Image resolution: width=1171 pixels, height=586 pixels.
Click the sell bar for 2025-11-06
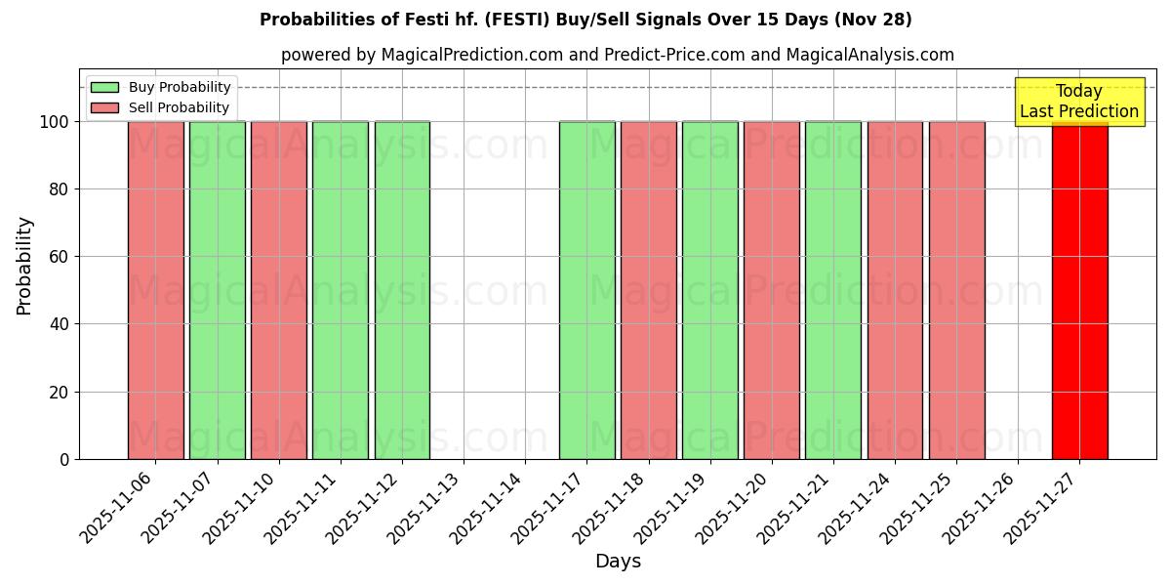click(x=156, y=290)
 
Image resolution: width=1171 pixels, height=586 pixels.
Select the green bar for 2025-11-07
click(x=218, y=290)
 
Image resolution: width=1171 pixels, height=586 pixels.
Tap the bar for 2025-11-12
click(x=402, y=290)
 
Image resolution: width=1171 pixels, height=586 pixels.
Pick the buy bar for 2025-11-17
click(x=586, y=290)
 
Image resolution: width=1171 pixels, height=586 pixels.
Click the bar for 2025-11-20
click(x=771, y=290)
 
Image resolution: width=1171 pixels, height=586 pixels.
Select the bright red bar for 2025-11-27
click(x=1079, y=290)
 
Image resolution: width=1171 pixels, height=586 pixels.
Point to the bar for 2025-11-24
click(x=895, y=290)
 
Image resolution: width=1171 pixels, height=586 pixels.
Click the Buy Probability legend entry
click(x=161, y=87)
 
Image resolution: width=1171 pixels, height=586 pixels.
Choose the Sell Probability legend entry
click(x=161, y=107)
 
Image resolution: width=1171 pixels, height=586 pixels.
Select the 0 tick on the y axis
click(x=64, y=459)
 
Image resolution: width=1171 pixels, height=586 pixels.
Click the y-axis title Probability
click(x=24, y=265)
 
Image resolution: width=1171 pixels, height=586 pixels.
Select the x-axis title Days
click(x=618, y=562)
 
